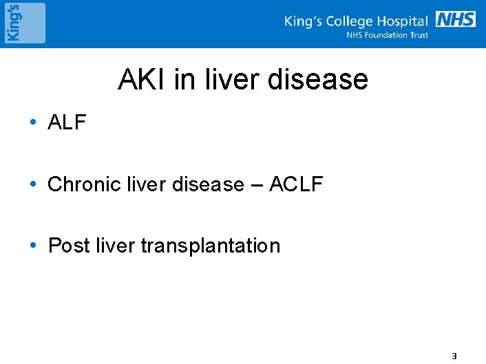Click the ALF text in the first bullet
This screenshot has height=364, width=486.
(67, 123)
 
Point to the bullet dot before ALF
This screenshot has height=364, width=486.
(33, 124)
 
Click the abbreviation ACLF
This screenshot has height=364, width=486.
(296, 184)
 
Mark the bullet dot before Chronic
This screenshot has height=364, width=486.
(33, 185)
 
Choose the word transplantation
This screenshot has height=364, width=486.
(210, 246)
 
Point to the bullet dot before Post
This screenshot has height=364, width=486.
(33, 246)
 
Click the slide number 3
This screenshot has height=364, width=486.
(453, 356)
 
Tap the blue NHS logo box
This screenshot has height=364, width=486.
(456, 19)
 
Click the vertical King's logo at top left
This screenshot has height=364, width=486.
(24, 23)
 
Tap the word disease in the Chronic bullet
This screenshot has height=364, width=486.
(209, 184)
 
